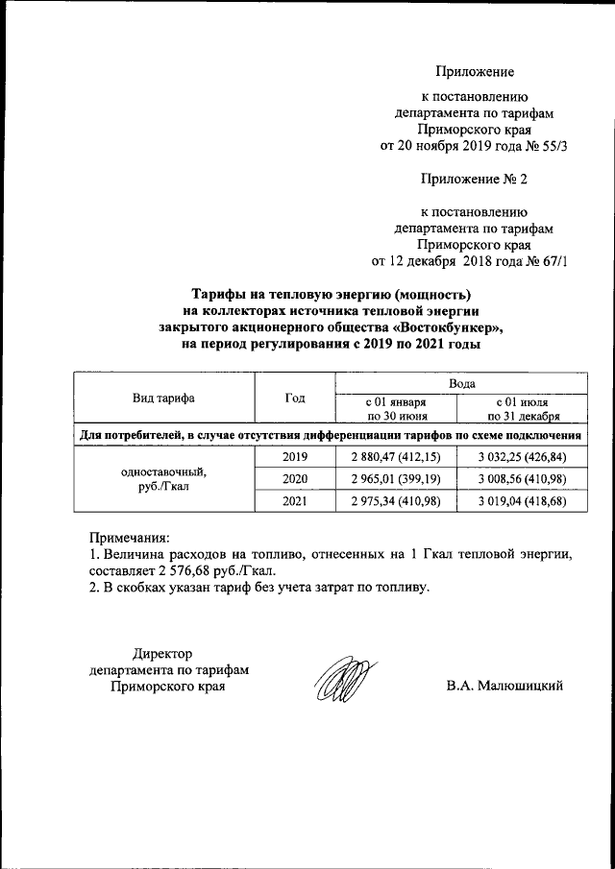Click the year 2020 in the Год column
point(294,477)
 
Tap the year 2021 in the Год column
point(294,500)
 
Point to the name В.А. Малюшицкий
point(504,685)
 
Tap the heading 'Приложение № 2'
point(475,179)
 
